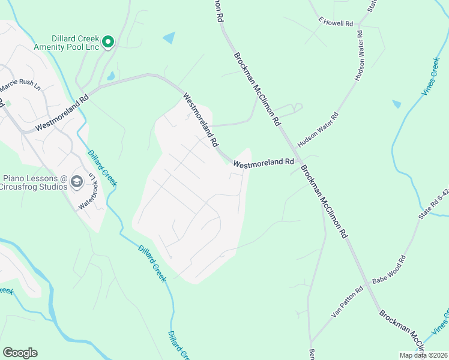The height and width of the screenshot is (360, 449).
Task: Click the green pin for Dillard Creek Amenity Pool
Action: pos(108,41)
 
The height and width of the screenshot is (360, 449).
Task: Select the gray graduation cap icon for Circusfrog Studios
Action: pos(77,181)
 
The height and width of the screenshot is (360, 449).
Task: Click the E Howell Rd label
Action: pos(336,23)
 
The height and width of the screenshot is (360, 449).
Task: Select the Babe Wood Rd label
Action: pos(389,269)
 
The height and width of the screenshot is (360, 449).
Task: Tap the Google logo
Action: pos(20,352)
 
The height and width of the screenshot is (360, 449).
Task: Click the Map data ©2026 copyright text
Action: pos(423,355)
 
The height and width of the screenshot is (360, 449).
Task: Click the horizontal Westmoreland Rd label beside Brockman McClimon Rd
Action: pos(264,163)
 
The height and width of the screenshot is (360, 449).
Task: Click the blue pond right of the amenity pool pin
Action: pos(169,38)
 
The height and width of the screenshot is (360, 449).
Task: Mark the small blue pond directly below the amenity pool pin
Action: pos(111,76)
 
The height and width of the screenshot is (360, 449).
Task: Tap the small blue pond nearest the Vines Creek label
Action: pos(397,104)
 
